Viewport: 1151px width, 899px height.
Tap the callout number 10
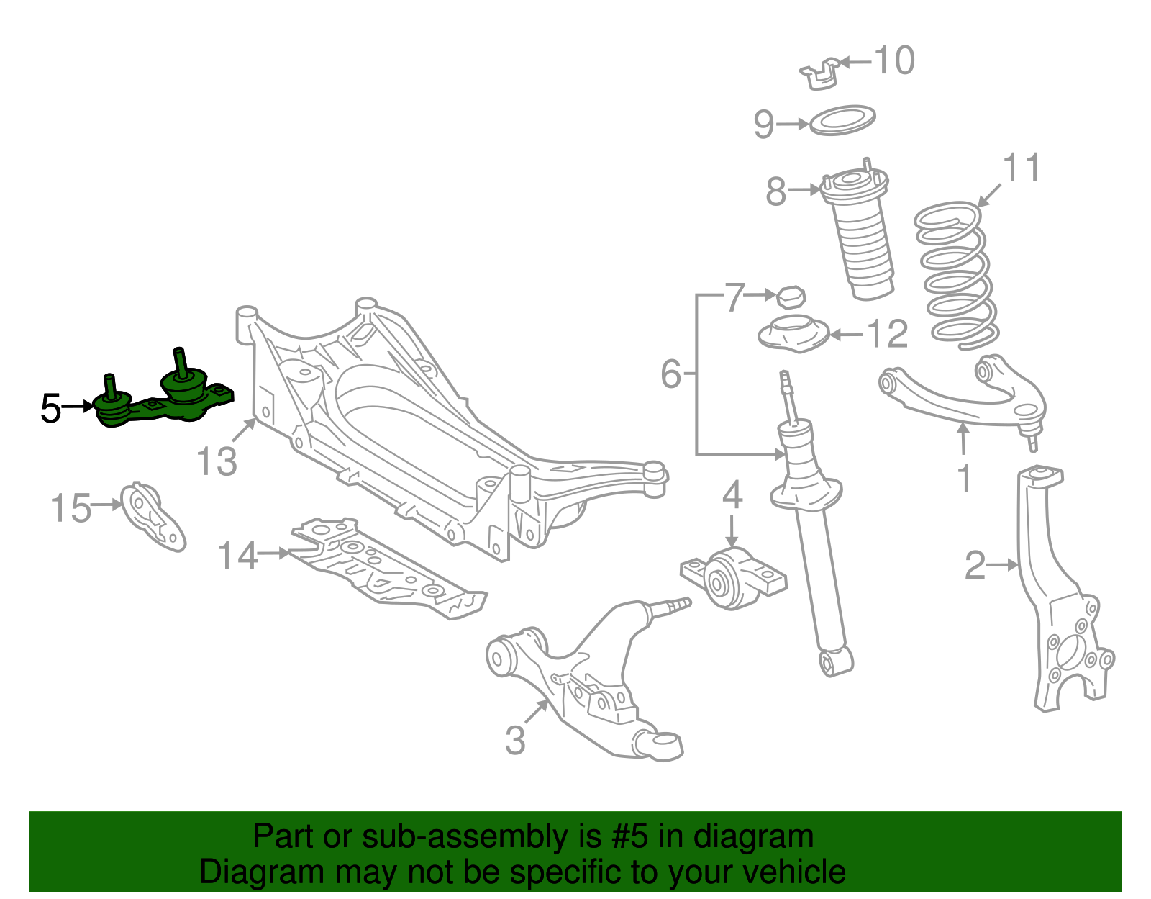point(894,60)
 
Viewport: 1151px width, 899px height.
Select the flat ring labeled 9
point(842,121)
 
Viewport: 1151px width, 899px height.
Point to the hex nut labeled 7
point(791,297)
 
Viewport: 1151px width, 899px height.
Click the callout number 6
point(670,374)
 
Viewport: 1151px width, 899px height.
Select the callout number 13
point(217,461)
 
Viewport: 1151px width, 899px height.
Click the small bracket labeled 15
point(153,517)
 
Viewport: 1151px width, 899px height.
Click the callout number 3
point(515,741)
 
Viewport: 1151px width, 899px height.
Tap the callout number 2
point(975,566)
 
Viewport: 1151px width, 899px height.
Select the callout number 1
point(965,479)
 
